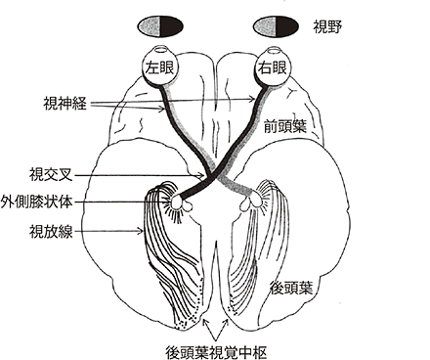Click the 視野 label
(x=327, y=27)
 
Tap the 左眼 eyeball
(x=159, y=67)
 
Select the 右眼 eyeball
(x=273, y=67)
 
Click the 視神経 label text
(x=64, y=103)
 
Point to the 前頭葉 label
(x=285, y=126)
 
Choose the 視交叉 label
(x=51, y=175)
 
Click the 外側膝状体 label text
(x=36, y=202)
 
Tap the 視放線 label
(x=51, y=232)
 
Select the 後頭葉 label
(x=291, y=289)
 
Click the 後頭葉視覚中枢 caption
(x=216, y=352)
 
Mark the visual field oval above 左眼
(x=160, y=25)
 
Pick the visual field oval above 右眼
(x=276, y=25)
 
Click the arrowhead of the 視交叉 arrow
(x=202, y=176)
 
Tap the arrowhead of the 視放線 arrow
(x=141, y=231)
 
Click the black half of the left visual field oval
(x=171, y=25)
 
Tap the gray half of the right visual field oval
(x=265, y=25)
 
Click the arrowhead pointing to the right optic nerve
(x=253, y=98)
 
